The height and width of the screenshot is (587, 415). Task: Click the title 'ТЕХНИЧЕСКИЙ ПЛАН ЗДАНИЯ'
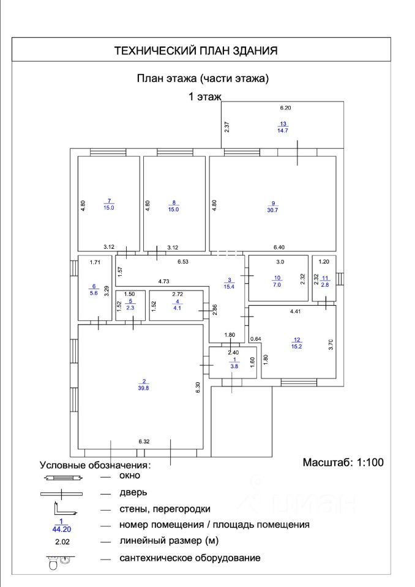coord(196,51)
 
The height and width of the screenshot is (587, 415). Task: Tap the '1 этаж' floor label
coord(204,96)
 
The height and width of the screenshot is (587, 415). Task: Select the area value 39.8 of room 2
coord(144,387)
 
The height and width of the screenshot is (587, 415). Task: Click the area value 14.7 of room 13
coord(283,130)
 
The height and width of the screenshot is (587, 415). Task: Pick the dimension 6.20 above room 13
coord(286,108)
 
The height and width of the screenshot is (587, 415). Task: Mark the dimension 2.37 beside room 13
coord(226,127)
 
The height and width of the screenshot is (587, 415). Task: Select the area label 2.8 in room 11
coord(325,285)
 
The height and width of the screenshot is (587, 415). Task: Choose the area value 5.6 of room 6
coord(94,293)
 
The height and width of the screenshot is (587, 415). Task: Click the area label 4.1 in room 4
coord(178,308)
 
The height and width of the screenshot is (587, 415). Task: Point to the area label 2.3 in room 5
coord(129,308)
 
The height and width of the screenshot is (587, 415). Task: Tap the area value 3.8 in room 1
coord(233,367)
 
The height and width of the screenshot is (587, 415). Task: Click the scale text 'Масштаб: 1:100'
coord(343,462)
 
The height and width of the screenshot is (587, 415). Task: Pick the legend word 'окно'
coord(130,475)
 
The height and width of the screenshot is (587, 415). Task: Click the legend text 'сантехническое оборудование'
coord(190,558)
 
